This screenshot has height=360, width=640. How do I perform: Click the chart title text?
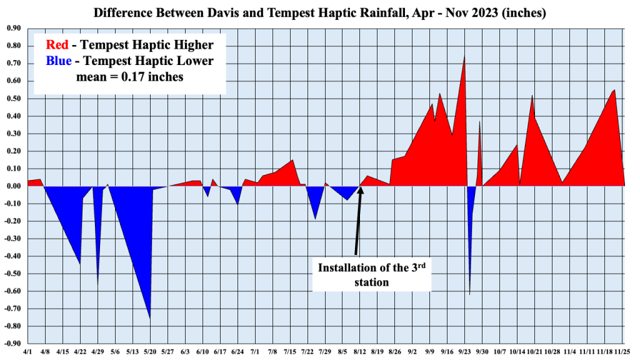[320, 12]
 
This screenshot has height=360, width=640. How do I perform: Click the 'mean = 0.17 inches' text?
[129, 77]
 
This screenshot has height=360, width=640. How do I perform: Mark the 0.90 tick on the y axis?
[13, 28]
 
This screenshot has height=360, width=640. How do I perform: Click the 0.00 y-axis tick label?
[13, 186]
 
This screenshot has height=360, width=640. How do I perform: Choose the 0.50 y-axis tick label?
[13, 99]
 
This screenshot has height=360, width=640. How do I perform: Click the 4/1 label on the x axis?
[27, 352]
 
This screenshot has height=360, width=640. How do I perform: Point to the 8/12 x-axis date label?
[360, 352]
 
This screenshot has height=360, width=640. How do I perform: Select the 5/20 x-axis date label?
[150, 352]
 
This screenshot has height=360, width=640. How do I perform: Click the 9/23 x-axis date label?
[465, 352]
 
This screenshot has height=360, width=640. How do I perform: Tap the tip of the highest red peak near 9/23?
[464, 57]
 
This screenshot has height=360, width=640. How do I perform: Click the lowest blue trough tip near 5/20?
[150, 319]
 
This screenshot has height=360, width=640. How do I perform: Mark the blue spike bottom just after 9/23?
[469, 294]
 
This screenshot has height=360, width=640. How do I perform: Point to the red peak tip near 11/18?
[614, 90]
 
